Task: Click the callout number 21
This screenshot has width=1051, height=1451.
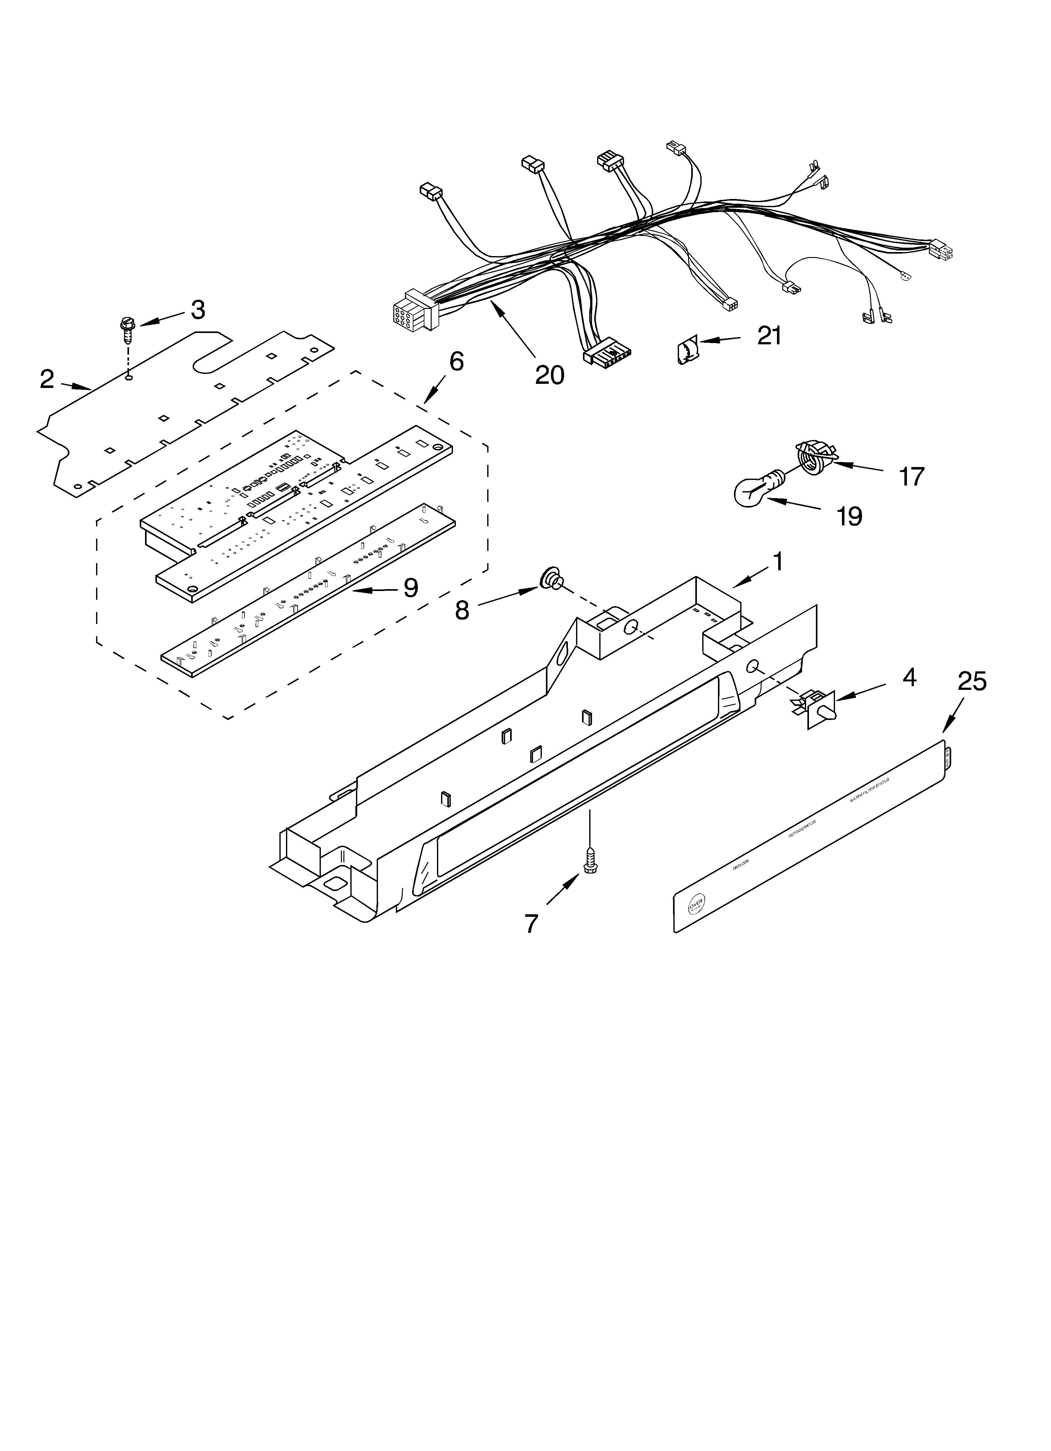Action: pos(769,335)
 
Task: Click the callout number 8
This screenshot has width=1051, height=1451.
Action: pos(462,610)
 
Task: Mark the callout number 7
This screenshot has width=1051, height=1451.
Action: pos(531,923)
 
